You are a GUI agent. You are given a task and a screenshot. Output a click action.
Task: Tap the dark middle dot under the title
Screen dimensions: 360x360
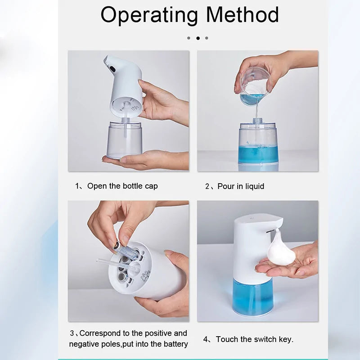tap(198, 38)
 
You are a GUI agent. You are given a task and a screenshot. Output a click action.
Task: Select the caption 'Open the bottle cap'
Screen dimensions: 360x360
tap(122, 186)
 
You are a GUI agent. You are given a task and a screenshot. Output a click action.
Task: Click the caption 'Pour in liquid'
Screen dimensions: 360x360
tap(241, 186)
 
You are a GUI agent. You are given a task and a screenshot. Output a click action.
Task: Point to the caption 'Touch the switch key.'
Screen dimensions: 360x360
tap(254, 339)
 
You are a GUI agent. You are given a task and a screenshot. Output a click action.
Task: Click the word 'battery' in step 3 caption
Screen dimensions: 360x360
tap(174, 344)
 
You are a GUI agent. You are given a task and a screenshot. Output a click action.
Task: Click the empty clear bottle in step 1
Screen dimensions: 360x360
tap(125, 139)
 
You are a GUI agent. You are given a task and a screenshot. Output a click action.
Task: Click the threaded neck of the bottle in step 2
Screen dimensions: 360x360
tap(258, 121)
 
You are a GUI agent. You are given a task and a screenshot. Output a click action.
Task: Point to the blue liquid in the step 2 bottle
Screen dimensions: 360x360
tap(258, 154)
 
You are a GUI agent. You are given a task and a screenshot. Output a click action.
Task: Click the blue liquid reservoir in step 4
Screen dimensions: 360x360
tap(252, 295)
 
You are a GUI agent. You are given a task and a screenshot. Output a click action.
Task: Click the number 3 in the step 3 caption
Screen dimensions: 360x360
tap(72, 333)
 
